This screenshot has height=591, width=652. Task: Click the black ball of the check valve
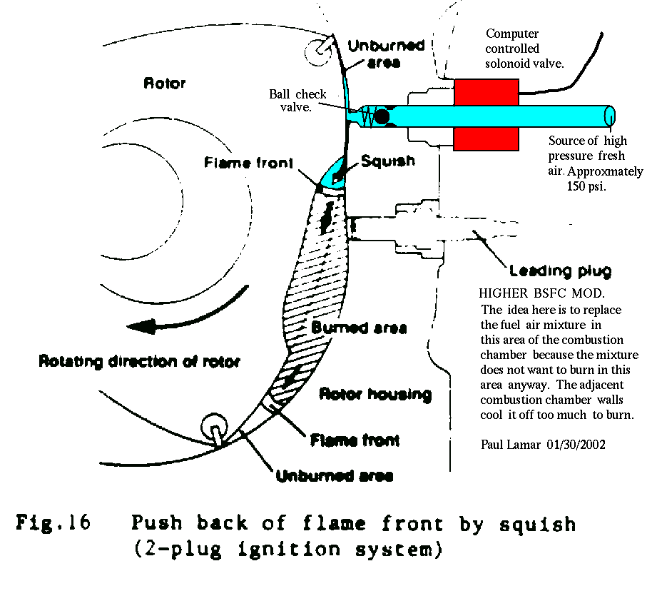coord(382,116)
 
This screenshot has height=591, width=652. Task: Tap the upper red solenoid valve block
coord(486,92)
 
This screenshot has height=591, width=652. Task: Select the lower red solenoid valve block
coord(486,138)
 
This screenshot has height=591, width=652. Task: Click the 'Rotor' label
coord(164,84)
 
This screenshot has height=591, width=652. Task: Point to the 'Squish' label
coord(387,161)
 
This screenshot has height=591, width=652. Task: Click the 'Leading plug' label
coord(561,271)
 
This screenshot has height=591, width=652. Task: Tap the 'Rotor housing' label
coord(375,394)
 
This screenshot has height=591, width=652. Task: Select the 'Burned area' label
coord(359,328)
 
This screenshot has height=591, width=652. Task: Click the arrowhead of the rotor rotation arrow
coord(141,326)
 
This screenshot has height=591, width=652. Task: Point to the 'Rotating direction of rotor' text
coord(139,361)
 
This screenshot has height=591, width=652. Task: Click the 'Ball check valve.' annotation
coord(297,101)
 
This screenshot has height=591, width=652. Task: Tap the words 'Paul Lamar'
coord(510,445)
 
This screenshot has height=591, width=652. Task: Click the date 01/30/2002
coord(576,445)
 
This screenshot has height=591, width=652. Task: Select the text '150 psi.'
coord(586,186)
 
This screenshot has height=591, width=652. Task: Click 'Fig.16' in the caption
coord(54,522)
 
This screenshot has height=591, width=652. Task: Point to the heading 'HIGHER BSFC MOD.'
coord(541,293)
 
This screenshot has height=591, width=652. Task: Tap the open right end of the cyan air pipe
coord(610,116)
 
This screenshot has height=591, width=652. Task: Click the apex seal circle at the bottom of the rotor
coord(214,427)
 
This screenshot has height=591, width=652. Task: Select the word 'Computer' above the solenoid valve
coord(512,34)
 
